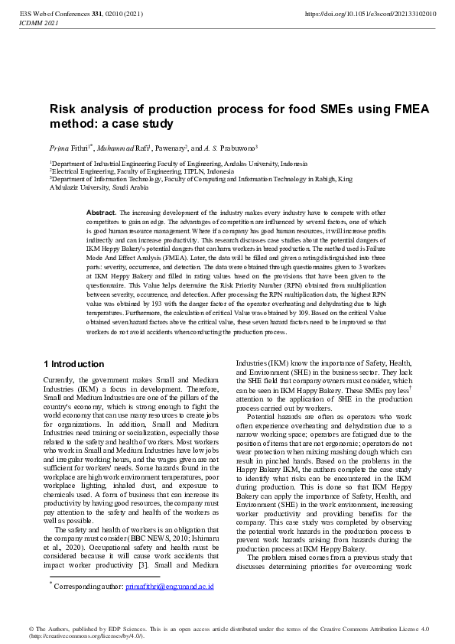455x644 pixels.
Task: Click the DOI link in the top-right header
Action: point(371,14)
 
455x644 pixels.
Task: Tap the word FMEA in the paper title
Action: point(390,109)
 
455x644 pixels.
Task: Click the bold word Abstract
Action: point(101,211)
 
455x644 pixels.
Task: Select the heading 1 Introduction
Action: point(74,364)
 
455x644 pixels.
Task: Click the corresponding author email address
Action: point(169,587)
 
